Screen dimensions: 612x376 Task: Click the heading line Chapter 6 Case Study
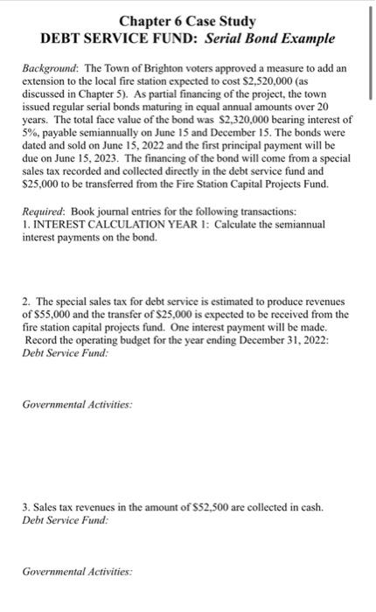point(188,20)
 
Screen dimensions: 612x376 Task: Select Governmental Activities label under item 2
point(76,404)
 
